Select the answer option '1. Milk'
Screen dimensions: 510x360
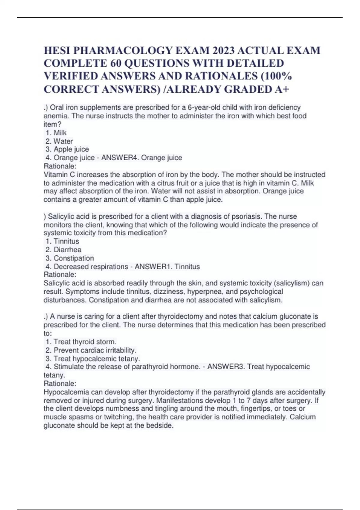coord(56,133)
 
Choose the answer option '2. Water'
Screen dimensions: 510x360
coord(59,141)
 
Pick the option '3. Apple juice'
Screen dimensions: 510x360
coord(67,149)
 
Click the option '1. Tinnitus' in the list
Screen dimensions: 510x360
coord(62,241)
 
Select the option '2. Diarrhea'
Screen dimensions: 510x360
coord(64,250)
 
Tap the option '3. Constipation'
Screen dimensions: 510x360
coord(70,258)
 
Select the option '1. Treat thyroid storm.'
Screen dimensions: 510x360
coord(81,342)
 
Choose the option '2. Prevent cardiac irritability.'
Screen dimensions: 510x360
coord(91,350)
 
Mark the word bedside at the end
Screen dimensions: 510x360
coord(161,425)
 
